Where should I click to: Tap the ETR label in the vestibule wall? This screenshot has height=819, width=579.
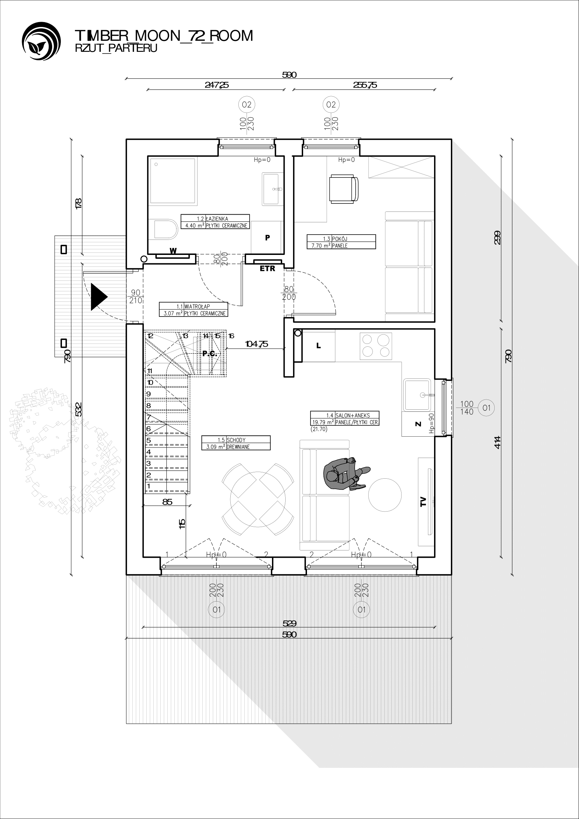coord(267,269)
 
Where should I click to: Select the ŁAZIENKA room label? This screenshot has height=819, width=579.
coord(217,218)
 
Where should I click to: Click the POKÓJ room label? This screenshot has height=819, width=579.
coord(340,239)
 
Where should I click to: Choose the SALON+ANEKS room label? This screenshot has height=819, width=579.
coord(353,415)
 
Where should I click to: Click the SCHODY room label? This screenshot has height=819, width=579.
coord(236,440)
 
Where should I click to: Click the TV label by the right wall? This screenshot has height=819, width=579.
coord(423,501)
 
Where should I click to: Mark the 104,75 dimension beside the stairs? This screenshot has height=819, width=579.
coord(257,344)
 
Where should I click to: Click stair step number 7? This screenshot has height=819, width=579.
coord(149,417)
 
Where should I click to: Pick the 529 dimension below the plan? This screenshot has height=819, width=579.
coord(289,623)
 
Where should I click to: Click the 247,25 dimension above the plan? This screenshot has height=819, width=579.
coord(217,85)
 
